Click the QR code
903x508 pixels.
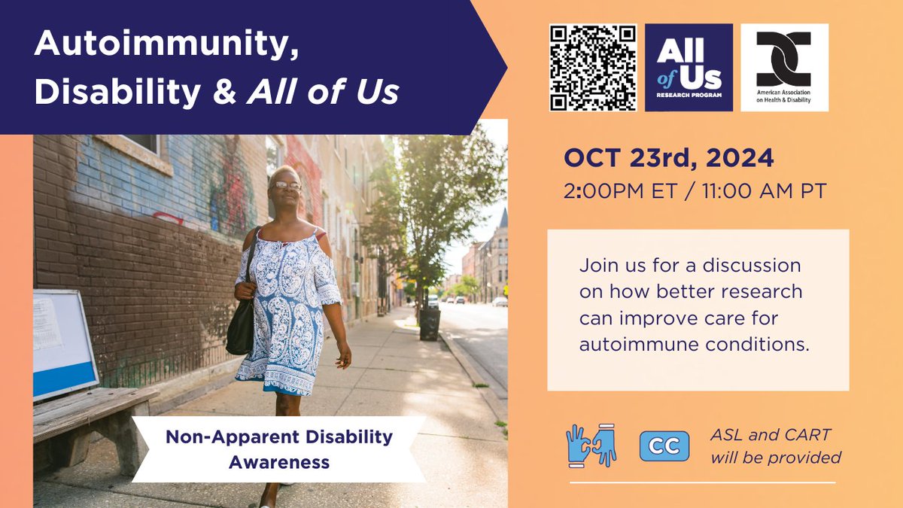tap(593, 68)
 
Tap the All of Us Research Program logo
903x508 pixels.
tap(689, 68)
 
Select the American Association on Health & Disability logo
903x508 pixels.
tap(784, 68)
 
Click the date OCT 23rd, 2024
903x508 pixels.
tap(669, 159)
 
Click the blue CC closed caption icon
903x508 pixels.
tap(664, 446)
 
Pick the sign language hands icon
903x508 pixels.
tap(591, 446)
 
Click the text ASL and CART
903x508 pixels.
tap(771, 434)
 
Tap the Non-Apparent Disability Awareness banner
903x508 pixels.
tap(279, 449)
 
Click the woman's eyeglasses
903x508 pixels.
tap(287, 185)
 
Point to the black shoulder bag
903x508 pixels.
tap(242, 324)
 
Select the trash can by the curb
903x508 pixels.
tap(430, 324)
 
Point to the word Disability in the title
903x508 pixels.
tap(116, 92)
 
